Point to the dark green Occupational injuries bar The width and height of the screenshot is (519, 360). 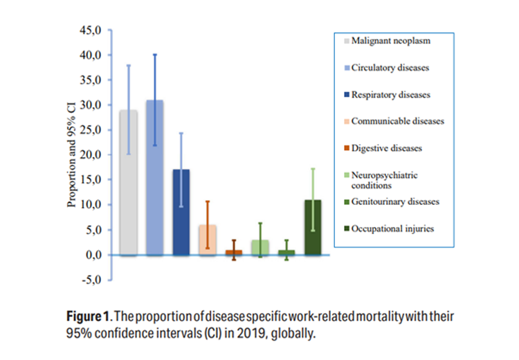(x=313, y=228)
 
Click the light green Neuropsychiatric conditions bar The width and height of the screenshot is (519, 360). (x=260, y=248)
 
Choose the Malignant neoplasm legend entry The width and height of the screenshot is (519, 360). (x=390, y=41)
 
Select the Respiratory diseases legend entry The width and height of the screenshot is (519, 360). (x=390, y=94)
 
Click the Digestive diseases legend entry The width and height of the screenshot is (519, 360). (x=386, y=147)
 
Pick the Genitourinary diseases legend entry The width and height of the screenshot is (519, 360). (x=393, y=201)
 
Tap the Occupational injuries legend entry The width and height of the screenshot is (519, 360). (x=392, y=228)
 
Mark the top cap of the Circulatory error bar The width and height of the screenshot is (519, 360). (x=154, y=54)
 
